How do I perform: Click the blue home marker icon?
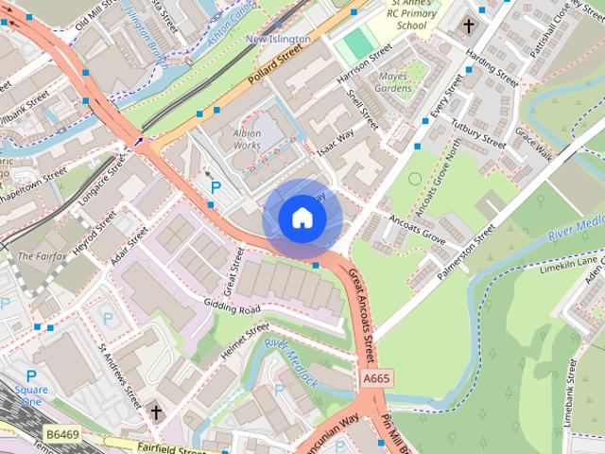coord(302,218)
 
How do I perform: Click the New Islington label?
coord(277,39)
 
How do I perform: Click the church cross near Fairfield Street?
coord(156,412)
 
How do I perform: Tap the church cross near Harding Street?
coord(468,27)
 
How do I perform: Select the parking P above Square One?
coord(31,375)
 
